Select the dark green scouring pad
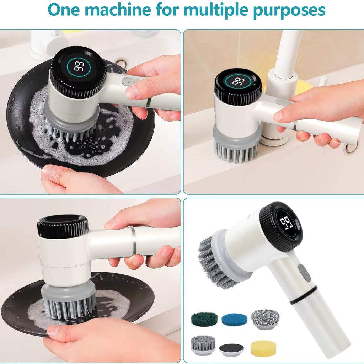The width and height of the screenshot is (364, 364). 204,319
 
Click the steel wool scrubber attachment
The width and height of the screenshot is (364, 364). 264,318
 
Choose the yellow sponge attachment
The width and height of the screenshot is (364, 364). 263,348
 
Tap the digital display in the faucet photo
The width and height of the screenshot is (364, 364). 239,81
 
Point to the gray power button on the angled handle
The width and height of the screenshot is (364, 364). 304,273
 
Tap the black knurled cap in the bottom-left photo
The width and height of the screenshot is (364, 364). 63,226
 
